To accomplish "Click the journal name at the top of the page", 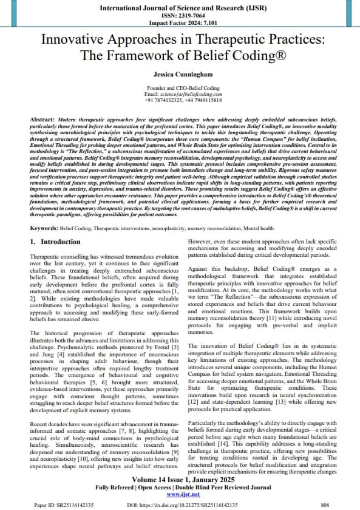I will (180, 8).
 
